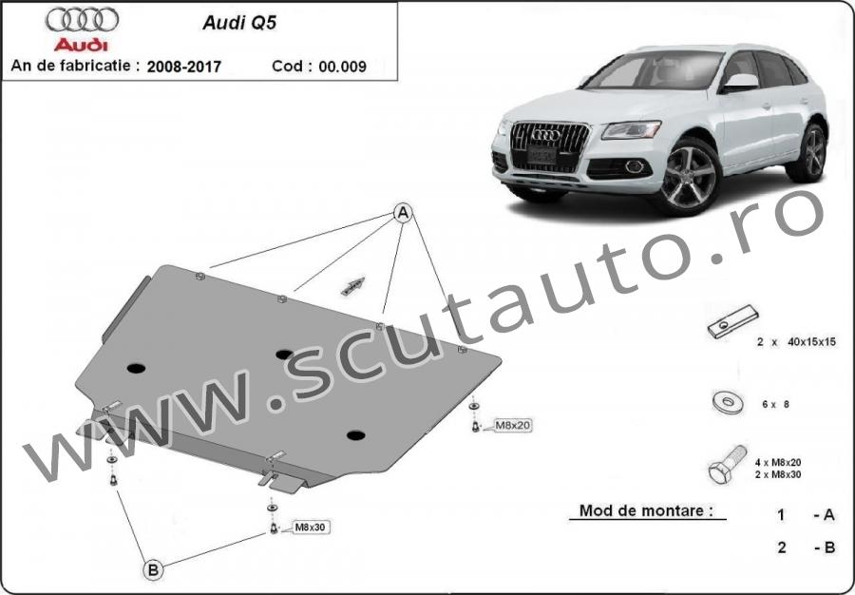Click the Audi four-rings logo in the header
[x=82, y=20]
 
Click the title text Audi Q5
[x=239, y=23]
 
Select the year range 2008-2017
[x=184, y=67]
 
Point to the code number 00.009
[x=342, y=67]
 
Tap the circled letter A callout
[x=403, y=213]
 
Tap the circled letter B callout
[x=153, y=570]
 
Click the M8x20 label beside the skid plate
[x=513, y=424]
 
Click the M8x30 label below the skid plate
[x=311, y=527]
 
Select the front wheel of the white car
[x=689, y=177]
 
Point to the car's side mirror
[x=740, y=83]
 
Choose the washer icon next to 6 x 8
[x=727, y=403]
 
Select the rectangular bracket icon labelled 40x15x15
[x=733, y=322]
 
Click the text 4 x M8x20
[x=778, y=463]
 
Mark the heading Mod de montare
[x=646, y=511]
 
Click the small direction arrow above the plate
[x=352, y=286]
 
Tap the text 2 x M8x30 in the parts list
[x=778, y=474]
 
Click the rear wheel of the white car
[x=809, y=153]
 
